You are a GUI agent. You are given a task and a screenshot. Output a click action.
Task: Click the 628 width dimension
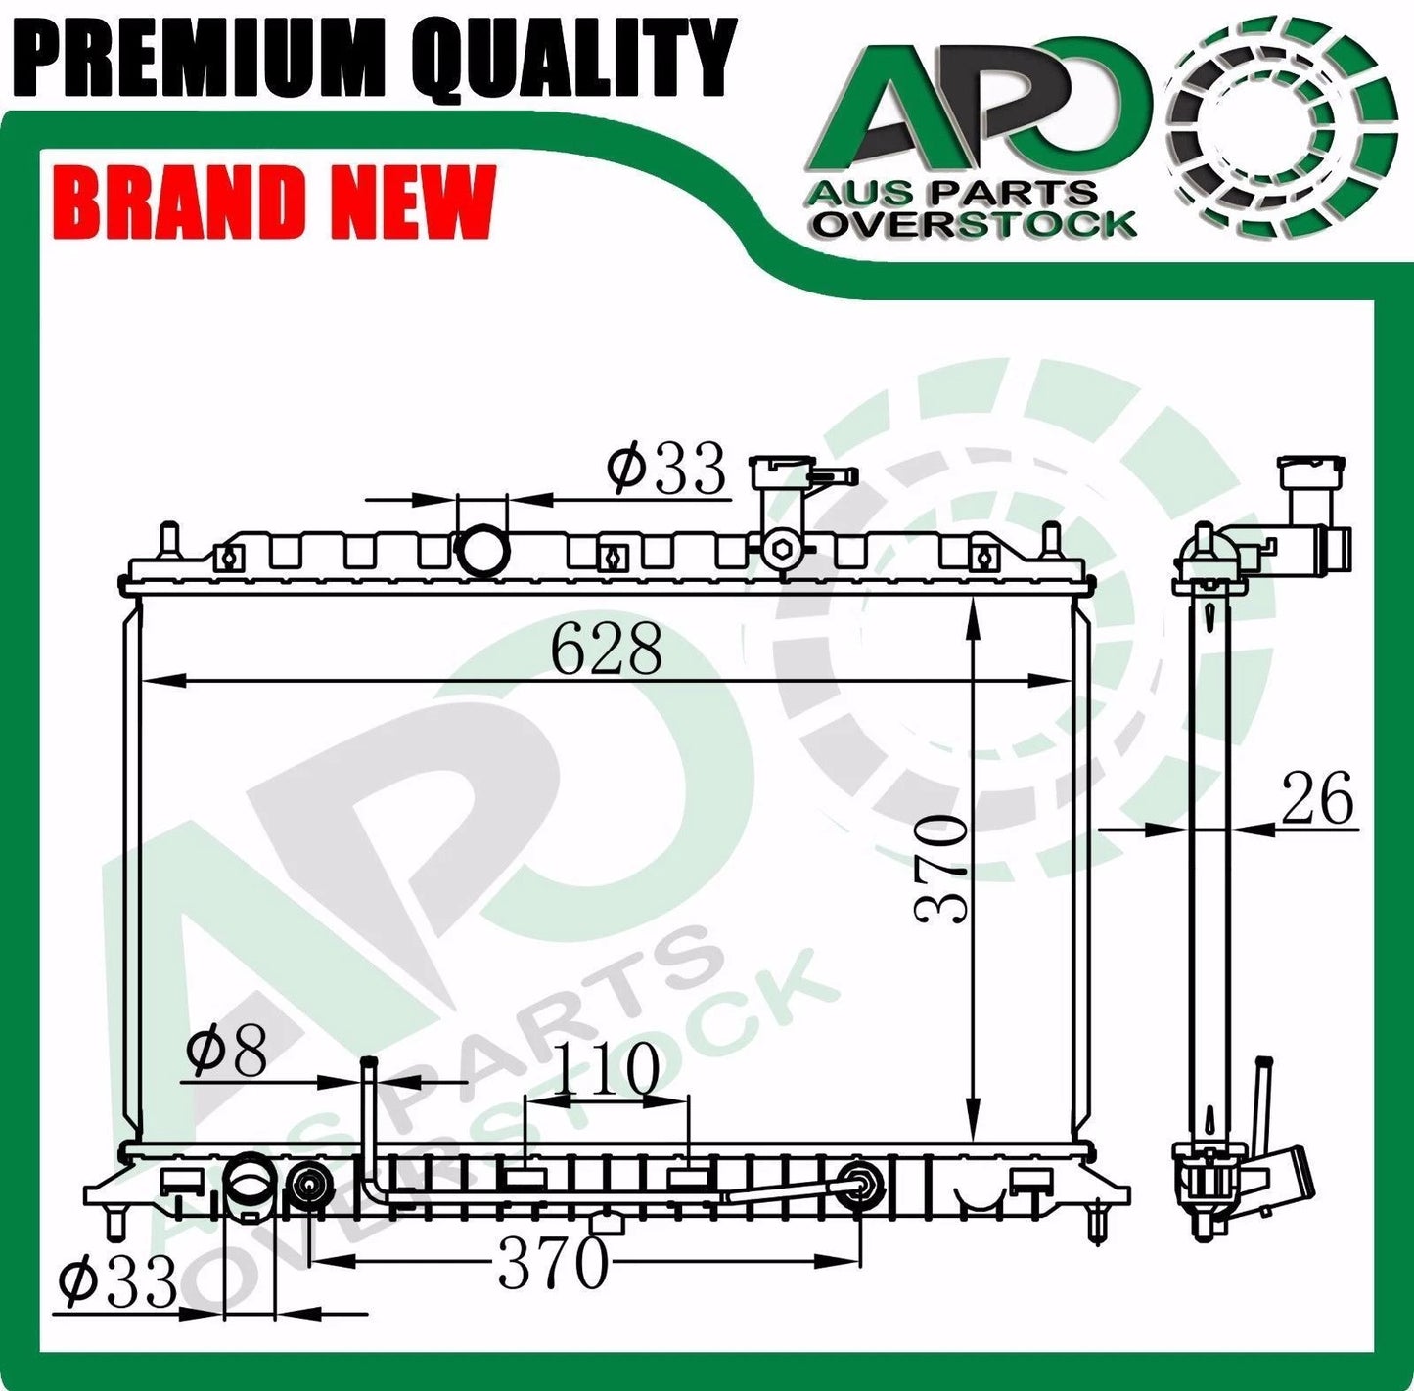[x=607, y=649]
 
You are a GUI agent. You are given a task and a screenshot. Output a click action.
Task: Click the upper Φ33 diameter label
[x=665, y=470]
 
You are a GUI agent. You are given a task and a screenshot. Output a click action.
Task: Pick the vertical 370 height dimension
[x=941, y=868]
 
